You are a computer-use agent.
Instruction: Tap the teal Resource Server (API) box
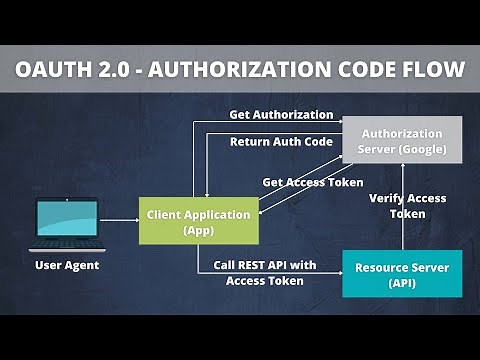402,274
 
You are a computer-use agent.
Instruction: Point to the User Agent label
68,265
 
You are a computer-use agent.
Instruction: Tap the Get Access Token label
313,183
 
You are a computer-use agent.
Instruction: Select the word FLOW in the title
432,70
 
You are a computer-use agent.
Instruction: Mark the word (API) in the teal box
402,283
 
